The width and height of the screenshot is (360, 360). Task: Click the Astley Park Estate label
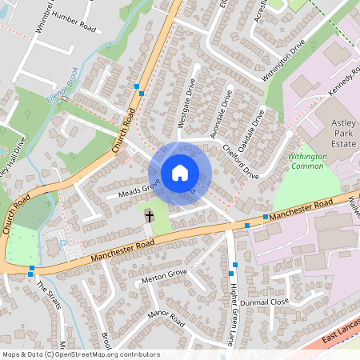pos(342,133)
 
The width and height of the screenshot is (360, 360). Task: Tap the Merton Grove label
pos(163,275)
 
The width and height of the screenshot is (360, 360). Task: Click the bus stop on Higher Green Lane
pos(233,264)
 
